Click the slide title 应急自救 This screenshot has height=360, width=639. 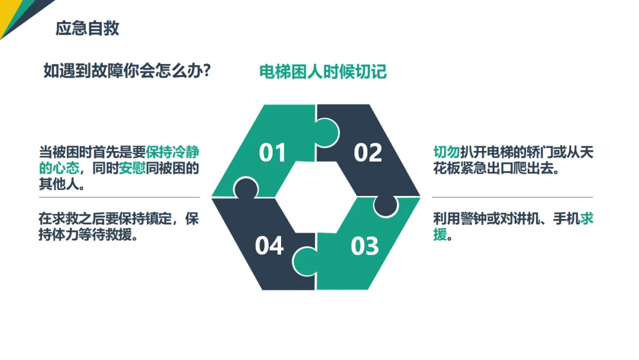click(87, 28)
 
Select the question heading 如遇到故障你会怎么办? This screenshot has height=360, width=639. click(128, 71)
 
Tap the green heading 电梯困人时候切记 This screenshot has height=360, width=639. click(322, 72)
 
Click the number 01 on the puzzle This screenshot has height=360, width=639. click(273, 153)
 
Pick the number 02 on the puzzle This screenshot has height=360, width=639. click(367, 153)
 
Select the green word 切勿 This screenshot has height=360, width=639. click(446, 152)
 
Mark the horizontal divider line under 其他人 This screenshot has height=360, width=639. click(119, 197)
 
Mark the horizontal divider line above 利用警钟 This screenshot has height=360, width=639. click(512, 197)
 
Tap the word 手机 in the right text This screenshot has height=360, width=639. click(566, 219)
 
